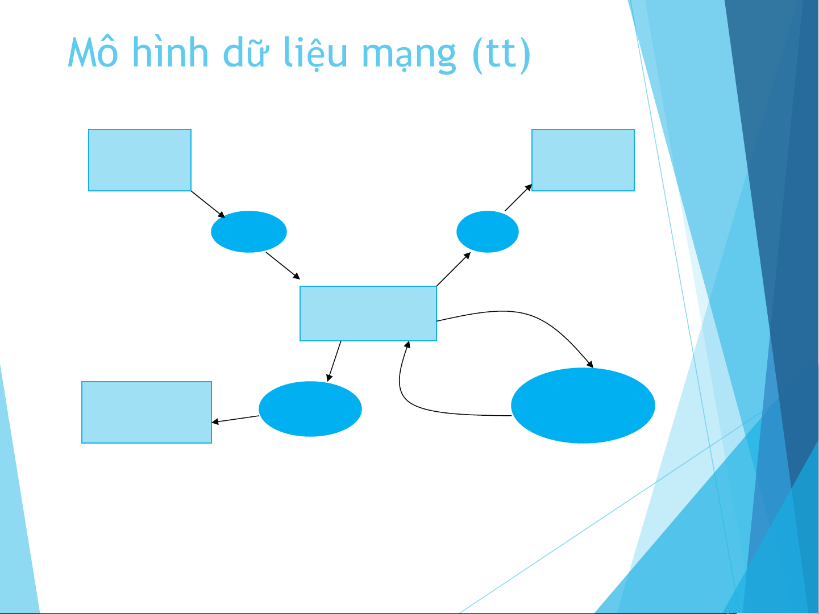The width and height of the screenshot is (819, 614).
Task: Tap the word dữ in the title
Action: coord(245,52)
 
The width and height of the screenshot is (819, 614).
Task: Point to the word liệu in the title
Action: coord(315,53)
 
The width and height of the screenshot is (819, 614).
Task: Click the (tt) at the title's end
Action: coord(501,55)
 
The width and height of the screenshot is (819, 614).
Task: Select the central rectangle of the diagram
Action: coord(368,314)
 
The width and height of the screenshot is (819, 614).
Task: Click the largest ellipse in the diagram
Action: coord(583,405)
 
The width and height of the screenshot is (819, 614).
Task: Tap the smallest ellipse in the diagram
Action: coord(487,232)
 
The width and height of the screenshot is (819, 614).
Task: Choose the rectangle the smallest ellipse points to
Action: coord(583,160)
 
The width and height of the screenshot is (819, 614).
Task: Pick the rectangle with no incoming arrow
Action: coord(140,160)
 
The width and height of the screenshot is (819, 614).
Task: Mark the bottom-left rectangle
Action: coord(146,412)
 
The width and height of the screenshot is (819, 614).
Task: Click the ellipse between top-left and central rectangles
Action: coord(249,232)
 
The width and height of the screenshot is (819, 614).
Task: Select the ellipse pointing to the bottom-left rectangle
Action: coord(310,408)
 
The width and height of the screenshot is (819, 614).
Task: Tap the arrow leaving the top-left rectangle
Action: coord(208,204)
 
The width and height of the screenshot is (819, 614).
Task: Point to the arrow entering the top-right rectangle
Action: coord(518,198)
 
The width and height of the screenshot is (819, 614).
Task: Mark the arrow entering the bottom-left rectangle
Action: coord(235,419)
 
